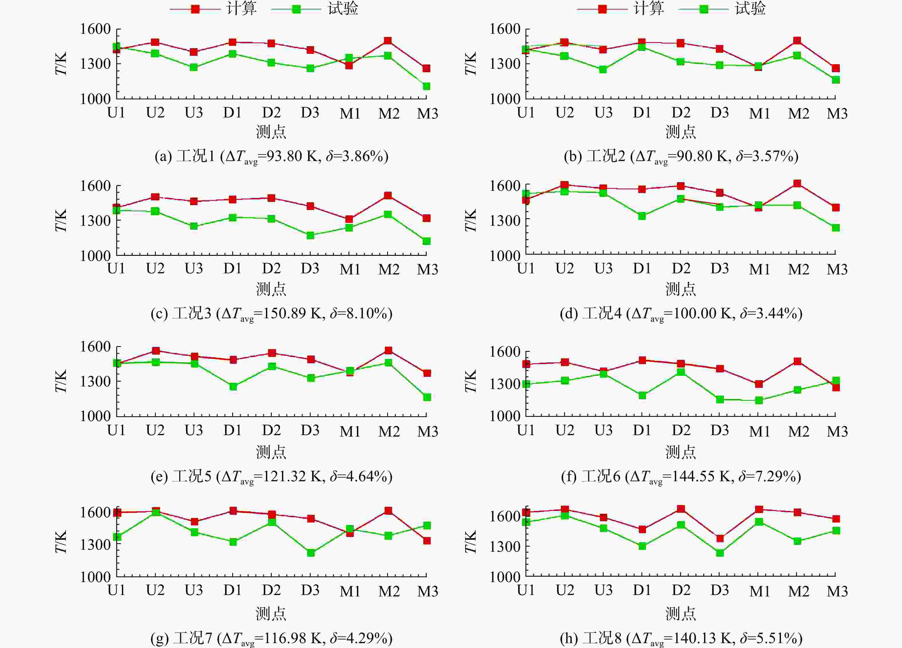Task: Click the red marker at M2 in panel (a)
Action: [x=388, y=41]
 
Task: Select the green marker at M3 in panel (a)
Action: [x=426, y=86]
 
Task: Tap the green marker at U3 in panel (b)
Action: [x=603, y=70]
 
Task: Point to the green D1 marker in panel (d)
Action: [x=642, y=216]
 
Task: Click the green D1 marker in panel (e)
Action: [x=233, y=387]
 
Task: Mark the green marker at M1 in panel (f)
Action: [x=759, y=400]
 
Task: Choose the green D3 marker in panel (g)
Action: [x=311, y=553]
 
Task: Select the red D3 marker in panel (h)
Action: [x=720, y=539]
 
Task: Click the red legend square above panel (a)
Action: [x=195, y=9]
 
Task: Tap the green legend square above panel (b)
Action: [x=704, y=9]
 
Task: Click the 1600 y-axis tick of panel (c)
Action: [x=95, y=186]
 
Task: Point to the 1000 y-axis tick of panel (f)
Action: [x=505, y=416]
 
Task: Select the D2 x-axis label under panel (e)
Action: [x=271, y=430]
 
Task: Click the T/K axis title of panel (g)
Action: [x=61, y=542]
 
